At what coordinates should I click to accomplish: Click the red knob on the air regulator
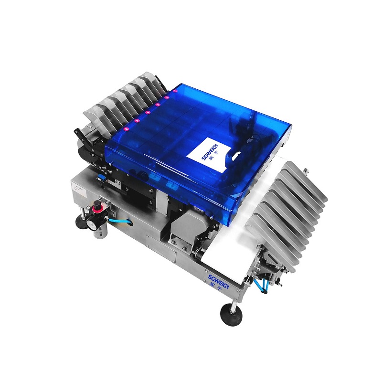[x=97, y=207]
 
